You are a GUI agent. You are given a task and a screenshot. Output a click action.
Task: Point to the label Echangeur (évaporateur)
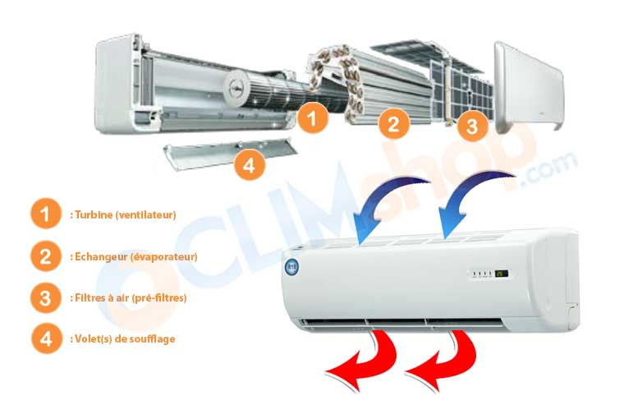coord(134,256)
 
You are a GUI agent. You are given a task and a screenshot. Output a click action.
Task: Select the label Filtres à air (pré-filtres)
coord(129,297)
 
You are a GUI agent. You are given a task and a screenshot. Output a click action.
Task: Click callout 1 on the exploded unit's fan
coord(311,118)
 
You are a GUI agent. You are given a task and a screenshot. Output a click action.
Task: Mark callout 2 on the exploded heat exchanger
coord(393,124)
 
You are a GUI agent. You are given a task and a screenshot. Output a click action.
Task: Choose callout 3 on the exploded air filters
coord(471,126)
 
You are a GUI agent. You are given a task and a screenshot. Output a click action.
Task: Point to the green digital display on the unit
coord(500,274)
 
